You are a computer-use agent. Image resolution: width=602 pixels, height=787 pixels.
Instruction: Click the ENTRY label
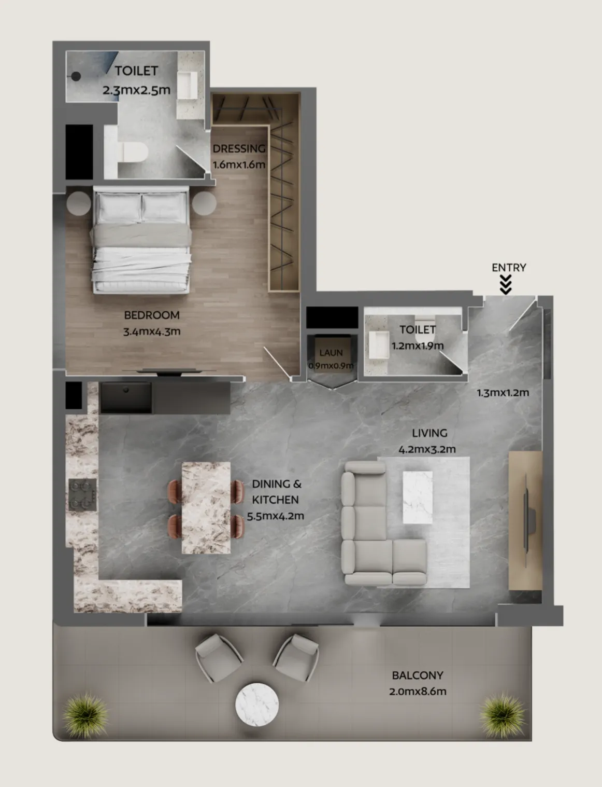(509, 268)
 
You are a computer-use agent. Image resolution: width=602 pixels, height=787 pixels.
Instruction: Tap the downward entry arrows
(506, 285)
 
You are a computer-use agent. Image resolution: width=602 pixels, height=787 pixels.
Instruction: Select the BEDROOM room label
(152, 315)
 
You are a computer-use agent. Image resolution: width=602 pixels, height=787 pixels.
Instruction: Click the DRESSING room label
(239, 148)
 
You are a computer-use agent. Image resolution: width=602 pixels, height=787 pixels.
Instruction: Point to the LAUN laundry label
(331, 353)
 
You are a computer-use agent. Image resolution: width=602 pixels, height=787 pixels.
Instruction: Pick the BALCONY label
(418, 675)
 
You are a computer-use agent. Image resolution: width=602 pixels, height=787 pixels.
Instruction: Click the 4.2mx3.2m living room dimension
(427, 449)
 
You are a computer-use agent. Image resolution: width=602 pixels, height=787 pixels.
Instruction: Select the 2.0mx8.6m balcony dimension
(418, 691)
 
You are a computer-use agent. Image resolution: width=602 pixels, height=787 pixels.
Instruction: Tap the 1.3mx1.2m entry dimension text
(503, 393)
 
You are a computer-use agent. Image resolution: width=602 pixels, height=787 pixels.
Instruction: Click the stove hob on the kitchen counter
(83, 494)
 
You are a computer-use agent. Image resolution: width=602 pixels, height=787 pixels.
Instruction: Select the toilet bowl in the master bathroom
(134, 152)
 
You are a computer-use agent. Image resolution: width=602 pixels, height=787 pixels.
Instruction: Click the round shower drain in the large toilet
(76, 76)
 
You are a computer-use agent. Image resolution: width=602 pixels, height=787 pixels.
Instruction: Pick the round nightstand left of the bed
(79, 203)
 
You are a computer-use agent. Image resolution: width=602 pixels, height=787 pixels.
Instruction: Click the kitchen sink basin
(126, 397)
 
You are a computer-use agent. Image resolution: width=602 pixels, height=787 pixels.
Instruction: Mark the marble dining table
(206, 507)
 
